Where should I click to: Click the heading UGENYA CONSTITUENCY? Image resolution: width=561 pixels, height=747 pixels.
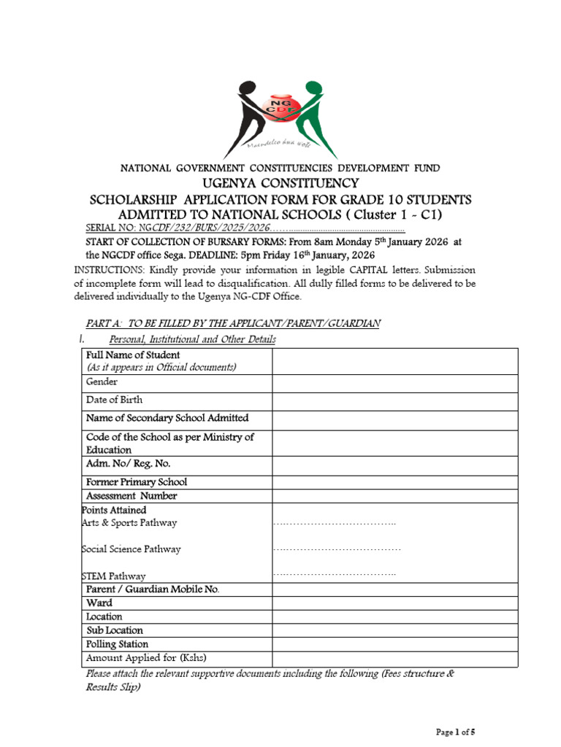[280, 183]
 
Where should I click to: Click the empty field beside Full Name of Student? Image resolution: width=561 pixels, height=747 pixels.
[394, 361]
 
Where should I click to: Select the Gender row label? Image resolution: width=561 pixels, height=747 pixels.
[102, 382]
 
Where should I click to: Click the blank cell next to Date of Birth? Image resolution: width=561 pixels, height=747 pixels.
[394, 400]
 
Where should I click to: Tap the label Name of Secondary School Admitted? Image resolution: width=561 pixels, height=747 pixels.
[167, 418]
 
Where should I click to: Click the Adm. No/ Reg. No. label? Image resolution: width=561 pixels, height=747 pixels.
[128, 463]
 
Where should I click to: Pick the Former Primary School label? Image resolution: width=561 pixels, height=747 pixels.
[137, 481]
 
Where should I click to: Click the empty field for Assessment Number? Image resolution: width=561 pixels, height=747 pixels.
[394, 495]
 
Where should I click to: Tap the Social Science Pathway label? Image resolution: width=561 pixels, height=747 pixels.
[131, 549]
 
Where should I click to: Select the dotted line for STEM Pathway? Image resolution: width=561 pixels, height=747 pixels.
[335, 575]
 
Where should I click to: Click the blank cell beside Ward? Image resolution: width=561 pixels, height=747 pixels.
[394, 603]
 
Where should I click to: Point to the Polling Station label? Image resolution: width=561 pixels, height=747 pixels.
[117, 644]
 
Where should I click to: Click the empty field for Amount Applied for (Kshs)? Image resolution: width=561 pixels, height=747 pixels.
[394, 658]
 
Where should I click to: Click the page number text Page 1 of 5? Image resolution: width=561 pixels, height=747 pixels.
[455, 731]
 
